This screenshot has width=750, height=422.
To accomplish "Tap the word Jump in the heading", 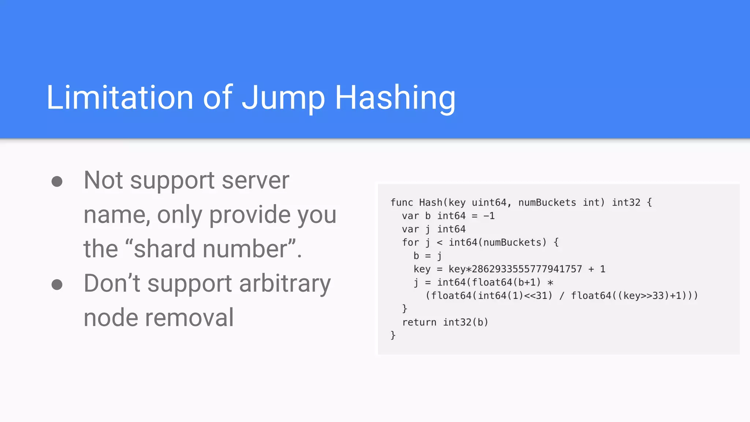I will [283, 98].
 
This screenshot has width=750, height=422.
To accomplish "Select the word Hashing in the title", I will [395, 98].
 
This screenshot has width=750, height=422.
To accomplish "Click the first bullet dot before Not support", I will [57, 181].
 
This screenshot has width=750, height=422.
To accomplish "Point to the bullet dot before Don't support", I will [57, 285].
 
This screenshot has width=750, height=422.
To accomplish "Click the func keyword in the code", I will [401, 203].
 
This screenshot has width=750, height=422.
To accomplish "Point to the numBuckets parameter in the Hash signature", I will [547, 203].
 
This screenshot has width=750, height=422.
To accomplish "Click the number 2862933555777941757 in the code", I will [527, 269].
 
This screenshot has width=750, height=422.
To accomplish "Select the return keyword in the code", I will [419, 322].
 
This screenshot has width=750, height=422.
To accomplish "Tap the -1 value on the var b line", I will [489, 216].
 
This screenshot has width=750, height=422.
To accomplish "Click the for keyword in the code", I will [410, 243].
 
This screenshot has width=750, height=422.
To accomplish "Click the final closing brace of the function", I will [393, 336].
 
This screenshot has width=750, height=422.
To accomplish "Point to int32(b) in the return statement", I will [465, 322].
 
